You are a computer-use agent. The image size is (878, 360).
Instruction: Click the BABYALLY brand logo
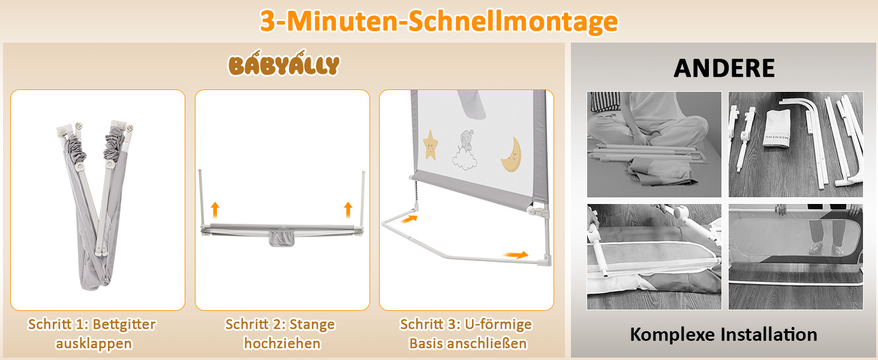(x=284, y=64)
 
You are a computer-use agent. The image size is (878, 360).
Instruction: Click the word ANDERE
(x=724, y=68)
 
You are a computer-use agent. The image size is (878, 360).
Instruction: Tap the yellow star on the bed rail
(x=431, y=145)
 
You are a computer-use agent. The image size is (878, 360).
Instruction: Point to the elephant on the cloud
(x=465, y=150)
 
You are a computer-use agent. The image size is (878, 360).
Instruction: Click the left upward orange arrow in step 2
(x=215, y=210)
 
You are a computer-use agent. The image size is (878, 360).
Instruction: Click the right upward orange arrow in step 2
(x=348, y=210)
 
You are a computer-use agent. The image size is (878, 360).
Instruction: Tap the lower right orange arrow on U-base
(x=516, y=255)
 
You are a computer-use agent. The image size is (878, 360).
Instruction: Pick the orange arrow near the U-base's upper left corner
(x=409, y=218)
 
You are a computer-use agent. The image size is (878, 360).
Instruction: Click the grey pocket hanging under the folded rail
(x=281, y=238)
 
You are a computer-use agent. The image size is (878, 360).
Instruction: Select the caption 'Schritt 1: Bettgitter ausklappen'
(x=92, y=334)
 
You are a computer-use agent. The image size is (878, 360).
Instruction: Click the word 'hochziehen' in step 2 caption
(x=282, y=344)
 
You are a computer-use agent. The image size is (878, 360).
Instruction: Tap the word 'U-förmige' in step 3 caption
(x=498, y=325)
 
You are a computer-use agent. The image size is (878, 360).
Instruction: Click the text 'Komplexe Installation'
(x=723, y=335)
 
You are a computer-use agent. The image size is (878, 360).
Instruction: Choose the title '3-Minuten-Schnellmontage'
(x=439, y=21)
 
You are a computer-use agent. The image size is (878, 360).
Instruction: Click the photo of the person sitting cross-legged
(x=654, y=145)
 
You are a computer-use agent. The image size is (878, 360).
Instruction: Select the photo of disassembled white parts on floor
(x=796, y=145)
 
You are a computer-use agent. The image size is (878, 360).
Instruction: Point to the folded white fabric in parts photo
(x=777, y=128)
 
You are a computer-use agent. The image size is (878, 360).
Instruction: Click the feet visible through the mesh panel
(x=828, y=247)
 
